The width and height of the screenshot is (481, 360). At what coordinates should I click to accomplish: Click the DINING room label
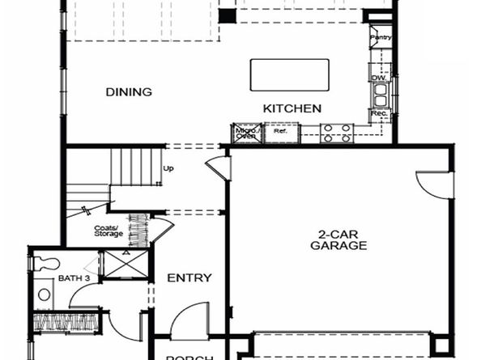click(x=129, y=92)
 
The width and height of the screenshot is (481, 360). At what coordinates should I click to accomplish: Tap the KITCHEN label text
click(x=292, y=108)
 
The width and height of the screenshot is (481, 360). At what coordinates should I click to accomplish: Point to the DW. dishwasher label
click(x=377, y=78)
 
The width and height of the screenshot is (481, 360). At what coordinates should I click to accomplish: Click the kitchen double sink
click(x=378, y=96)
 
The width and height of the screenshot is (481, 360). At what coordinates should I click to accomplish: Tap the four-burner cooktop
click(x=336, y=133)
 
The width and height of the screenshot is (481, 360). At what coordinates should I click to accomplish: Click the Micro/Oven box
click(x=245, y=133)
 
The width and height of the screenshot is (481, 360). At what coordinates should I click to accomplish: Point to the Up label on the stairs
click(x=168, y=169)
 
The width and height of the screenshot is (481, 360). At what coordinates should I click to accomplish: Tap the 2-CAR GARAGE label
click(x=338, y=240)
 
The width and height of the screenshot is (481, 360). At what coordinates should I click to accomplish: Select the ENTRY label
click(x=189, y=278)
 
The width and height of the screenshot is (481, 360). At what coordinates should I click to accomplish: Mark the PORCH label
click(x=189, y=357)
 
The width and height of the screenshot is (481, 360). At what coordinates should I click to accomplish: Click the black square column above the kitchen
click(x=228, y=15)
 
